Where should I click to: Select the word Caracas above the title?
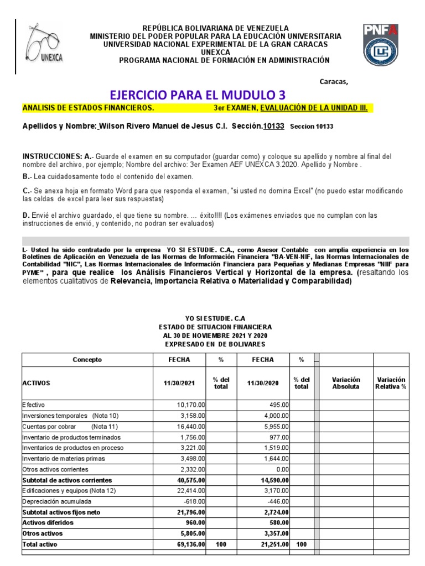tap(334, 82)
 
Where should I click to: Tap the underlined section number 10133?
tap(273, 126)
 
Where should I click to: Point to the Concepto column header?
tap(87, 360)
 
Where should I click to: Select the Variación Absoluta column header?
tap(346, 383)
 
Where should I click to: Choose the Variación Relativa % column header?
tap(391, 383)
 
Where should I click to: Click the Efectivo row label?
tap(34, 405)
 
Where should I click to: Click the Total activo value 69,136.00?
tap(188, 545)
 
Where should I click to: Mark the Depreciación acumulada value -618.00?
tap(193, 501)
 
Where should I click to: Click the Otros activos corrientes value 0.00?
tap(282, 469)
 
